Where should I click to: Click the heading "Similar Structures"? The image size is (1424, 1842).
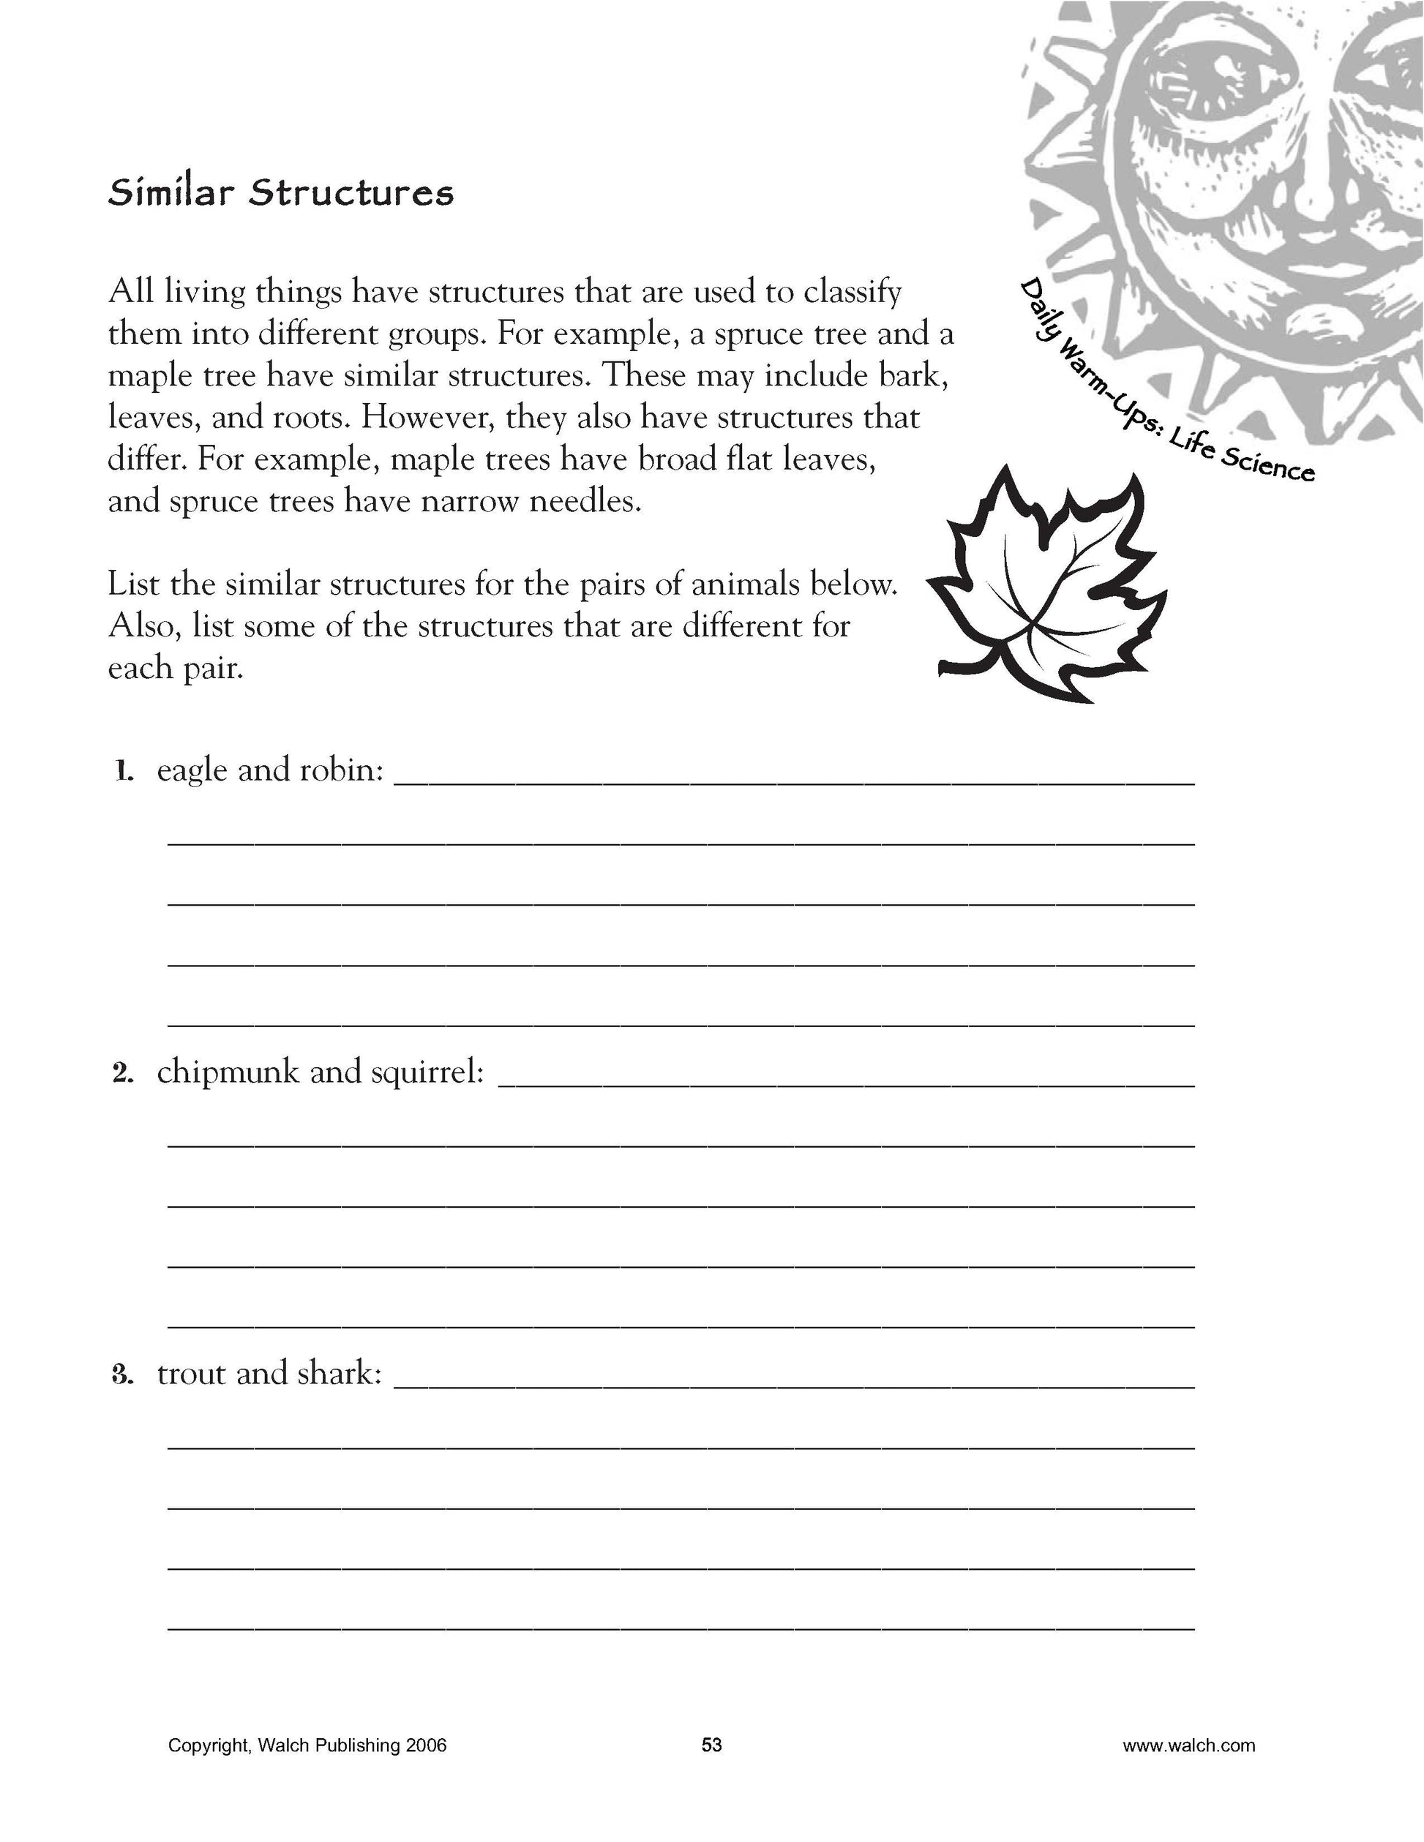(x=281, y=193)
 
